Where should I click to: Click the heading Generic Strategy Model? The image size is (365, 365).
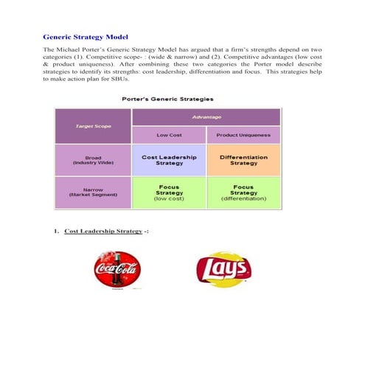click(86, 36)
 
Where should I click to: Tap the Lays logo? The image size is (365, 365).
click(222, 271)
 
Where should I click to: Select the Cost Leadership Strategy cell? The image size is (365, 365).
click(168, 160)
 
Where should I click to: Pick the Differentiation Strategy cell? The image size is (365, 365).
click(243, 160)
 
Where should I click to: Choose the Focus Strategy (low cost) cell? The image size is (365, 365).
click(168, 192)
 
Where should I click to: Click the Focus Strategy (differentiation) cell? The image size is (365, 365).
click(243, 192)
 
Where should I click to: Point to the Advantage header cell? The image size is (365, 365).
click(206, 117)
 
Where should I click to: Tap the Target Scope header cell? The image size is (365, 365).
click(93, 126)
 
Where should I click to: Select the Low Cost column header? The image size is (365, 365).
click(168, 135)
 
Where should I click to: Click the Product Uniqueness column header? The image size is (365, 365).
click(243, 135)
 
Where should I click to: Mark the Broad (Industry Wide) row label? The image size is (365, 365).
click(93, 160)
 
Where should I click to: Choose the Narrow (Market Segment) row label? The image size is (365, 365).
click(93, 192)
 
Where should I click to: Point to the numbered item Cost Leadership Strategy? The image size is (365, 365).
click(103, 232)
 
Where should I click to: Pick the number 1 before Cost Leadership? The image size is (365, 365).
click(55, 232)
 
